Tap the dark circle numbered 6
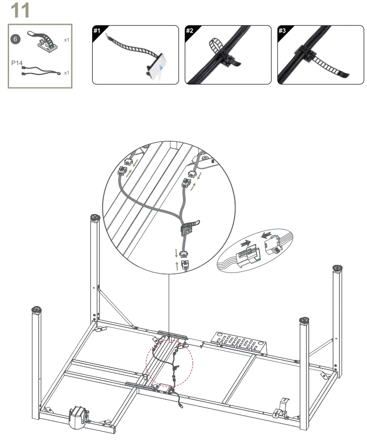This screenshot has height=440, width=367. (16, 39)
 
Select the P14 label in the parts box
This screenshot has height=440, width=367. (17, 63)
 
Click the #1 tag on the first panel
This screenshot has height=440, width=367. (97, 30)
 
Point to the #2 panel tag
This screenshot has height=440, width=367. (190, 30)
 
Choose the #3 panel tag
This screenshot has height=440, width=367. (282, 30)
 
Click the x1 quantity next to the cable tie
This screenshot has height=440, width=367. (66, 40)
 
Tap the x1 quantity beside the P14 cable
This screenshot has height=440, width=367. (66, 73)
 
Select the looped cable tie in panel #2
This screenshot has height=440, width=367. (216, 46)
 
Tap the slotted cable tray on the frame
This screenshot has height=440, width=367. (239, 341)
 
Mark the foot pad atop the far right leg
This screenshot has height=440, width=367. (338, 268)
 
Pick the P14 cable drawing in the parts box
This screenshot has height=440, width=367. (41, 71)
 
